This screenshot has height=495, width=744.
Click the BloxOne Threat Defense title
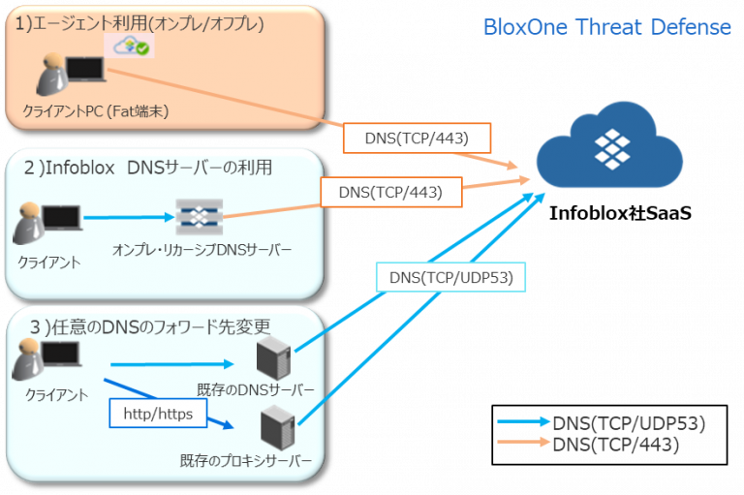[607, 28]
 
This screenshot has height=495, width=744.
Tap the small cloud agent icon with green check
[131, 46]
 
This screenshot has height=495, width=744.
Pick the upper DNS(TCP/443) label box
[417, 139]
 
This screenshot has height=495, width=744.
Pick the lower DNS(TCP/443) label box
[389, 193]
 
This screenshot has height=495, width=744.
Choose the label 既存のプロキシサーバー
[246, 461]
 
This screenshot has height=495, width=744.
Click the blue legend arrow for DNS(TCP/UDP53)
[523, 423]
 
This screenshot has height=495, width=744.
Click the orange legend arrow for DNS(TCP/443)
[523, 445]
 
